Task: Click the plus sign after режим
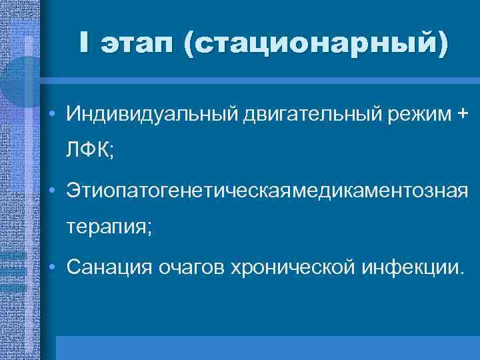(461, 114)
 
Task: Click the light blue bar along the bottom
(267, 347)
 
